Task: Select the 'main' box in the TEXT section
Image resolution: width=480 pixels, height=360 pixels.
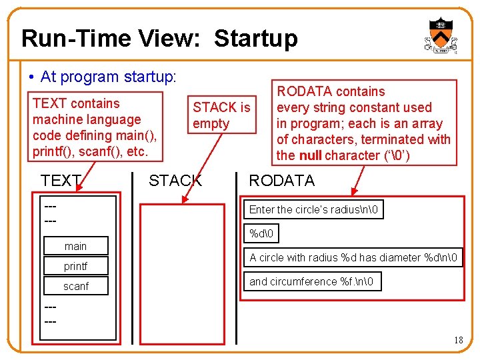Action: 75,246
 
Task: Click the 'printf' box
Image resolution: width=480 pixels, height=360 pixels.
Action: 75,266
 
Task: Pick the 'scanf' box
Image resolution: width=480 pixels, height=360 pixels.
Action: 75,286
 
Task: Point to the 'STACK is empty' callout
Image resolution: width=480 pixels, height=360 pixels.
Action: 221,115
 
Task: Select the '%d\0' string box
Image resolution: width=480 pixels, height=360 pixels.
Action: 263,233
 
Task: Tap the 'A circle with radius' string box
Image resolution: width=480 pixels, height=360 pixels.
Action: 354,257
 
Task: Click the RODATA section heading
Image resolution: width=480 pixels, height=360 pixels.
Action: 281,180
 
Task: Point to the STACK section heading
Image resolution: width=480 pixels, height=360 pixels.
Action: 175,180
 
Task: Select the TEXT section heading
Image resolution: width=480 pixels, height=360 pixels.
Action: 61,180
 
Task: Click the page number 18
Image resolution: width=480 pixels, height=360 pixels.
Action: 458,340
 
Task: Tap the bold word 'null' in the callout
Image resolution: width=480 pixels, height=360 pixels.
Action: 310,155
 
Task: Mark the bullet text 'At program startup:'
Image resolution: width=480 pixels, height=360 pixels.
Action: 108,77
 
